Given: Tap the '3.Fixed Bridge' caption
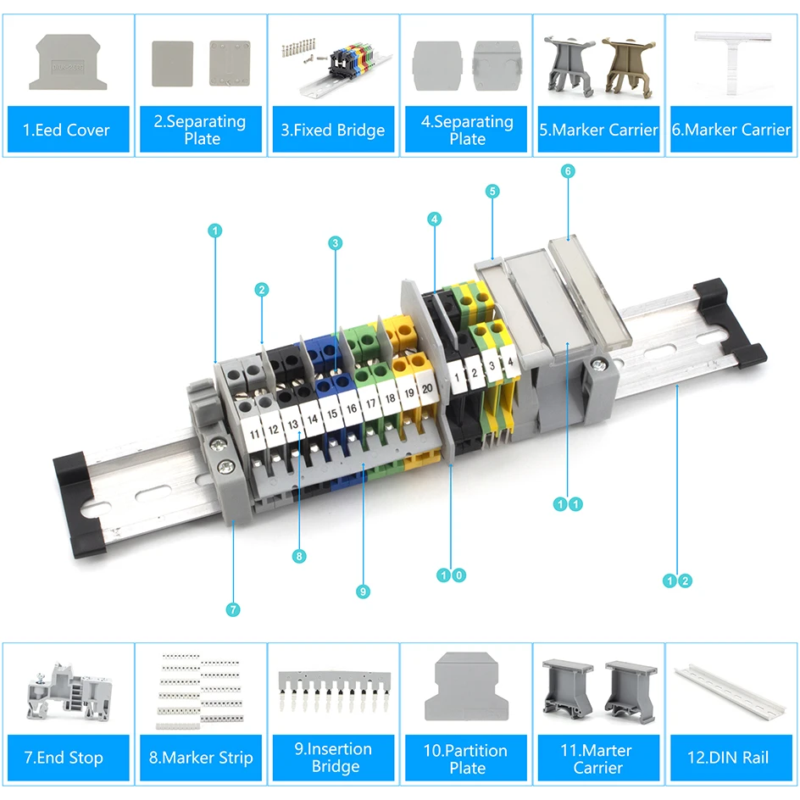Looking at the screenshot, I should coord(332,130).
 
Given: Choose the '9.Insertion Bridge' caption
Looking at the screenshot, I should coord(334,758).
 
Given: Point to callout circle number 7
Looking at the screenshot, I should coord(234,609).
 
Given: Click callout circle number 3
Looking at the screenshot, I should coord(336,243).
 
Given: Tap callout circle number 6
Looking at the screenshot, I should coord(568,171).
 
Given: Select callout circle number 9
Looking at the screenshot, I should coord(364,592).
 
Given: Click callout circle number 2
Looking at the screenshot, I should coord(262,290).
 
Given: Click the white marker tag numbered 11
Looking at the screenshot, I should coord(254,435).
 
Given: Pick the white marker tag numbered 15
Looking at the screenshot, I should coord(331,414).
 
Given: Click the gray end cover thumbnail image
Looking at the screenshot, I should coord(69,62).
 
